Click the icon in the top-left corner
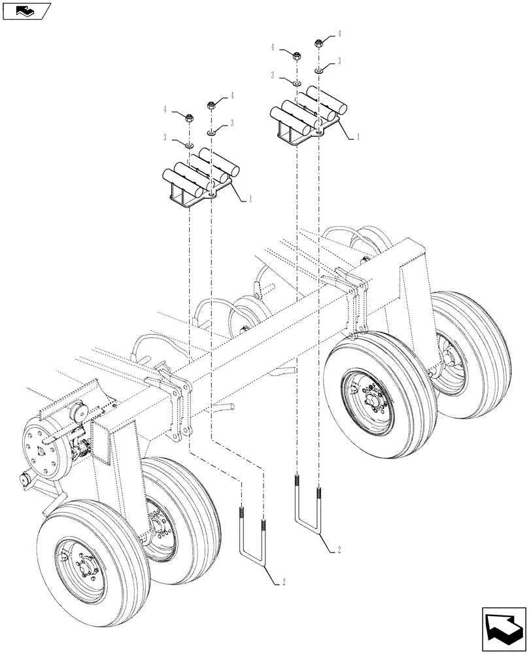(26, 10)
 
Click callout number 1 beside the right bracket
(358, 138)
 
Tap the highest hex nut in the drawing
(319, 44)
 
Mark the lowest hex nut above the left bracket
(189, 118)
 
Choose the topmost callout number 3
(340, 61)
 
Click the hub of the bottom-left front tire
(84, 565)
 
